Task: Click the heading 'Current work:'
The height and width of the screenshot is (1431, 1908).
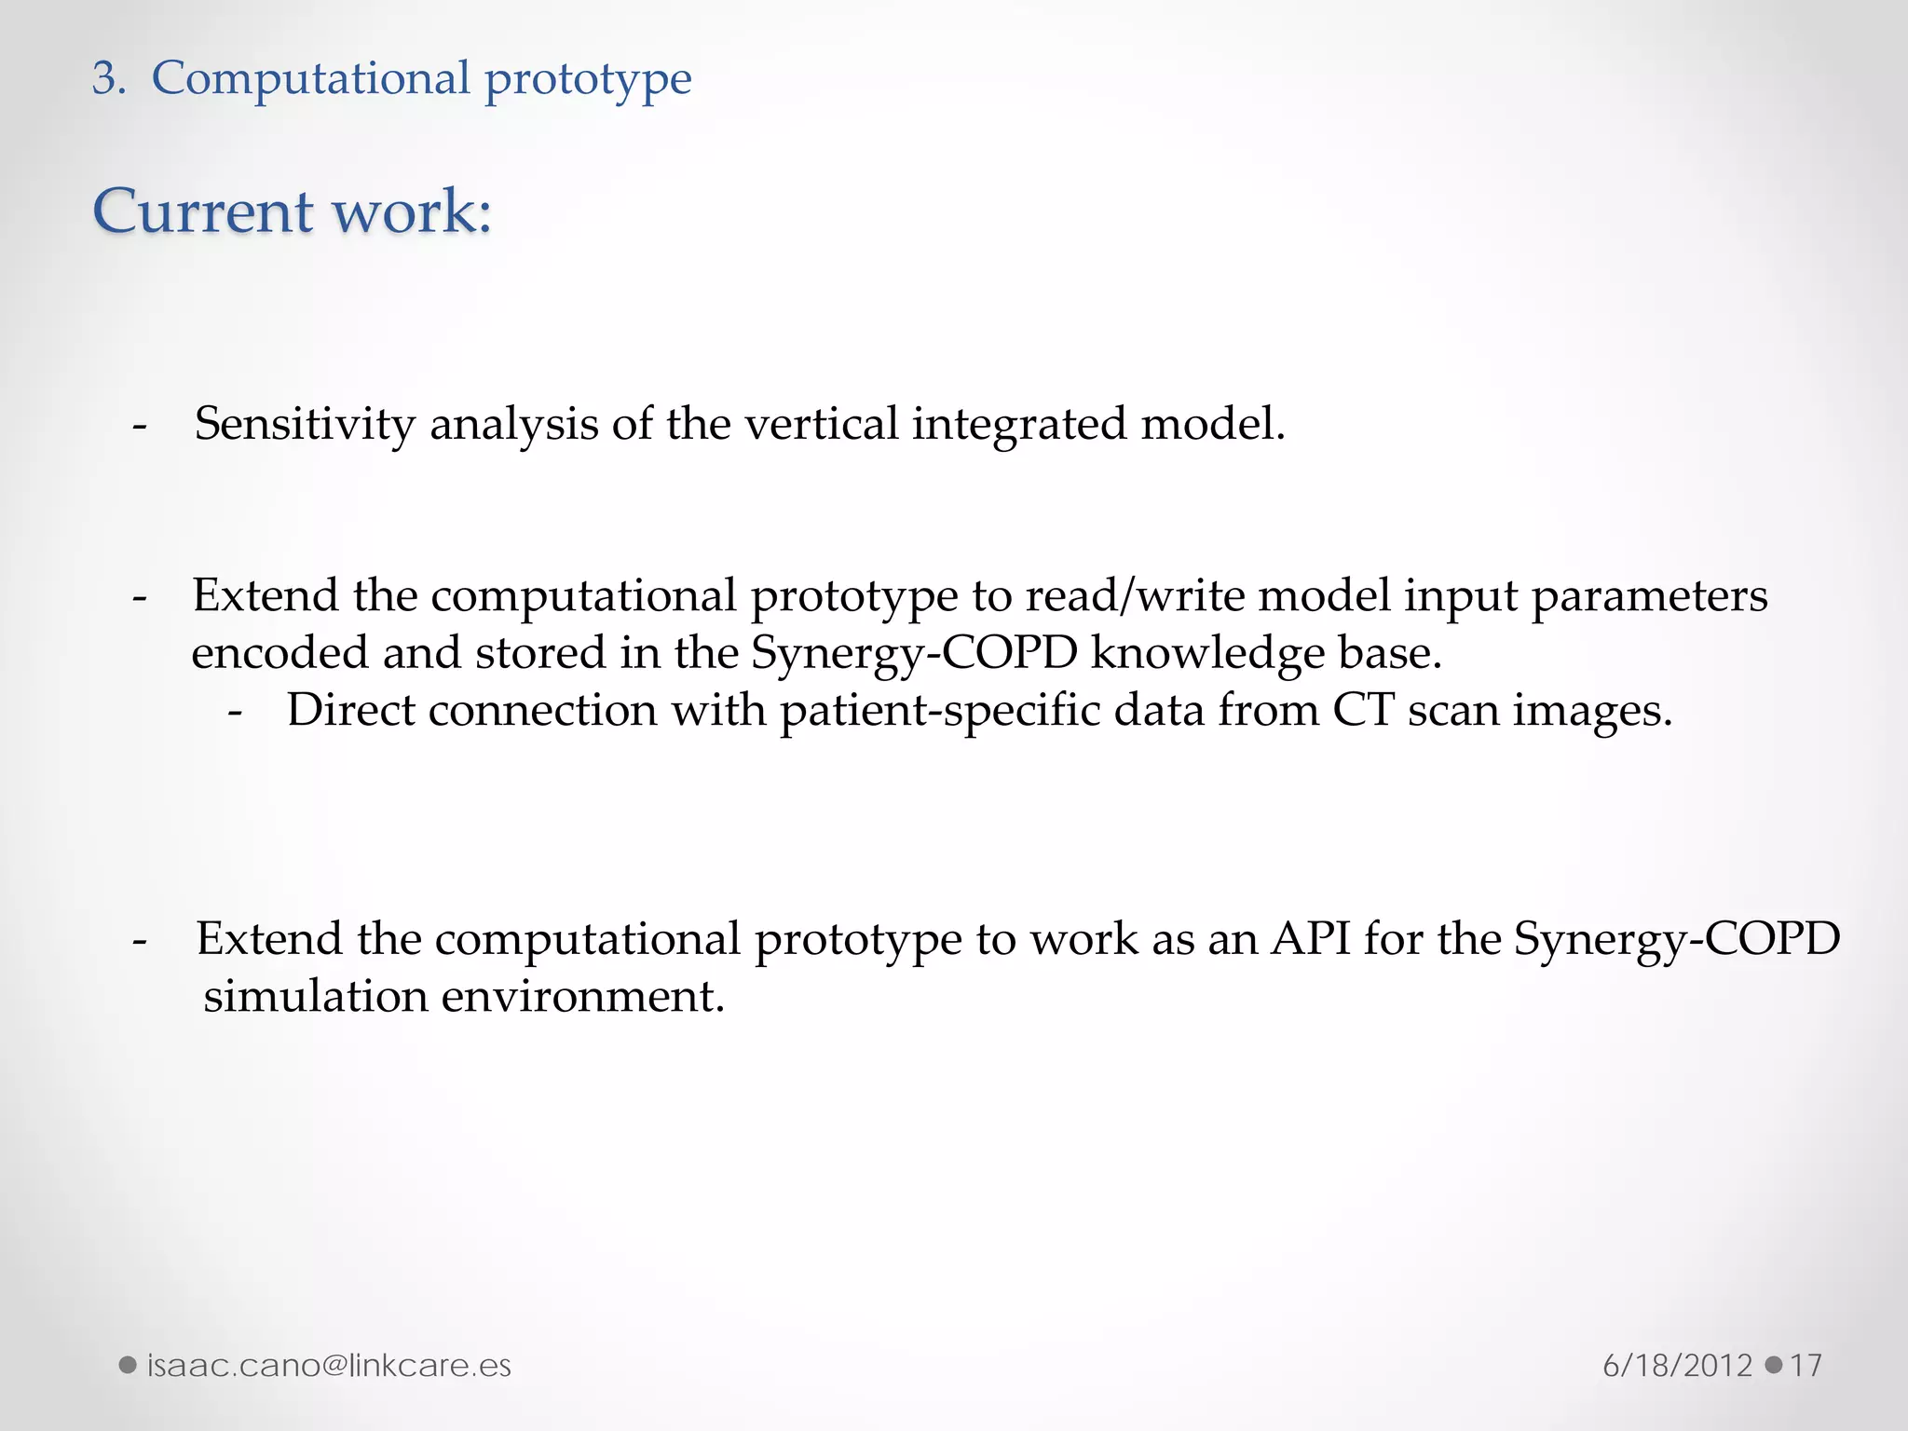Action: (x=292, y=211)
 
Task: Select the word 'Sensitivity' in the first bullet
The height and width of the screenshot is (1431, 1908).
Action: (x=305, y=424)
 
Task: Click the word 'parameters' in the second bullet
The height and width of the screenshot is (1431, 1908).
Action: (x=1649, y=597)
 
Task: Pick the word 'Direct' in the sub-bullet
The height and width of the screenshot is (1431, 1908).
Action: (x=350, y=711)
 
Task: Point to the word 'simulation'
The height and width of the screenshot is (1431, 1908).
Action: (x=315, y=996)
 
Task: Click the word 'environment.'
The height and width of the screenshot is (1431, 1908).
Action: (x=582, y=996)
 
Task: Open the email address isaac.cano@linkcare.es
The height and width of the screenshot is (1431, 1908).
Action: (x=329, y=1366)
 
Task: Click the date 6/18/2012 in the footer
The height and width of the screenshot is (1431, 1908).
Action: (x=1677, y=1366)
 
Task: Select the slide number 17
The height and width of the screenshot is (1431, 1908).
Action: (x=1806, y=1366)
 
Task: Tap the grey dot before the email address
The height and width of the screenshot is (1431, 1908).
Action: (x=128, y=1366)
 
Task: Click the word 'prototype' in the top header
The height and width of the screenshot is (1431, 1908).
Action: (x=588, y=78)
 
